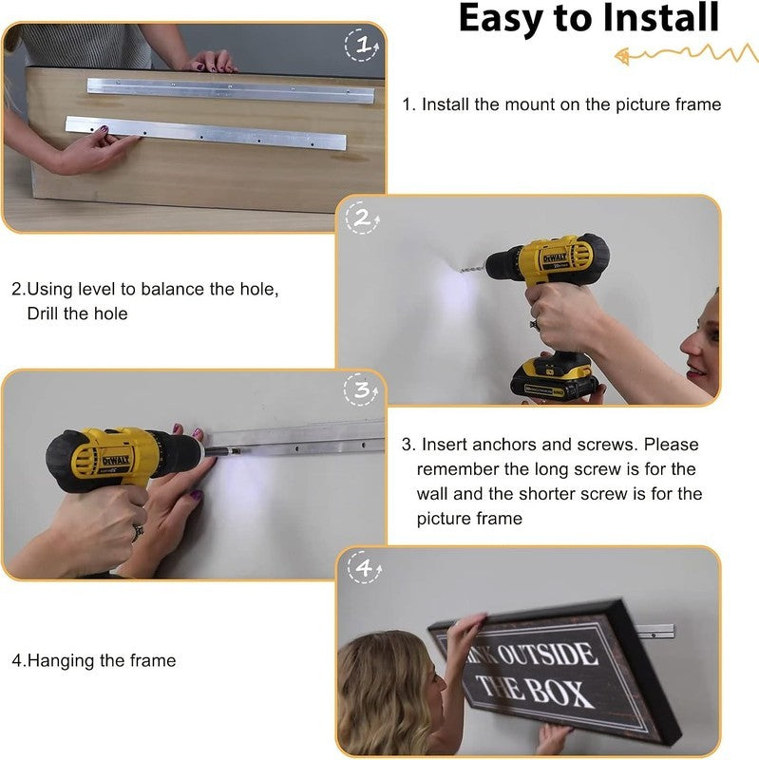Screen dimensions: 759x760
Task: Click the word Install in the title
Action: pos(660,18)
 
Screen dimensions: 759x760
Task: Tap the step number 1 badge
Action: pos(362,45)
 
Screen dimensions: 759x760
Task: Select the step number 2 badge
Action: pos(363,218)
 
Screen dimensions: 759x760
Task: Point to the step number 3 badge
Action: pos(361,389)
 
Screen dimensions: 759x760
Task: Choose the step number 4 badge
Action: pos(365,567)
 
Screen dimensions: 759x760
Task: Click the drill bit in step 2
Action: pos(473,268)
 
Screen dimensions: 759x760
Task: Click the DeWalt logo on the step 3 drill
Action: pos(115,460)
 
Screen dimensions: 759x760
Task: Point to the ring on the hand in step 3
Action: pos(138,533)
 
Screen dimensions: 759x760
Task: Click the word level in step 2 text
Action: pos(97,289)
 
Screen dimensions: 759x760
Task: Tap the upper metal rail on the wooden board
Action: pos(231,90)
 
